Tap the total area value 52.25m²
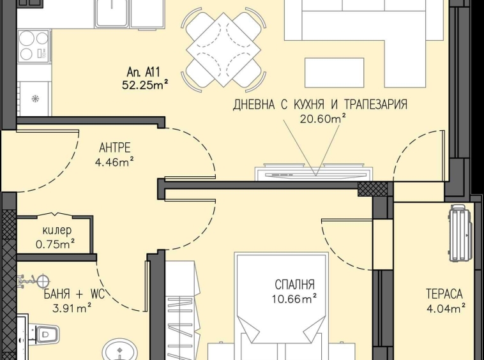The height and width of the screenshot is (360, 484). pyautogui.click(x=144, y=84)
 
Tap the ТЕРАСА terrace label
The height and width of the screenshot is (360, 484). pyautogui.click(x=444, y=294)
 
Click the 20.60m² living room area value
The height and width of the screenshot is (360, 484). pyautogui.click(x=322, y=117)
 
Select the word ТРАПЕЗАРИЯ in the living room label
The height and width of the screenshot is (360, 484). pyautogui.click(x=370, y=105)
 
